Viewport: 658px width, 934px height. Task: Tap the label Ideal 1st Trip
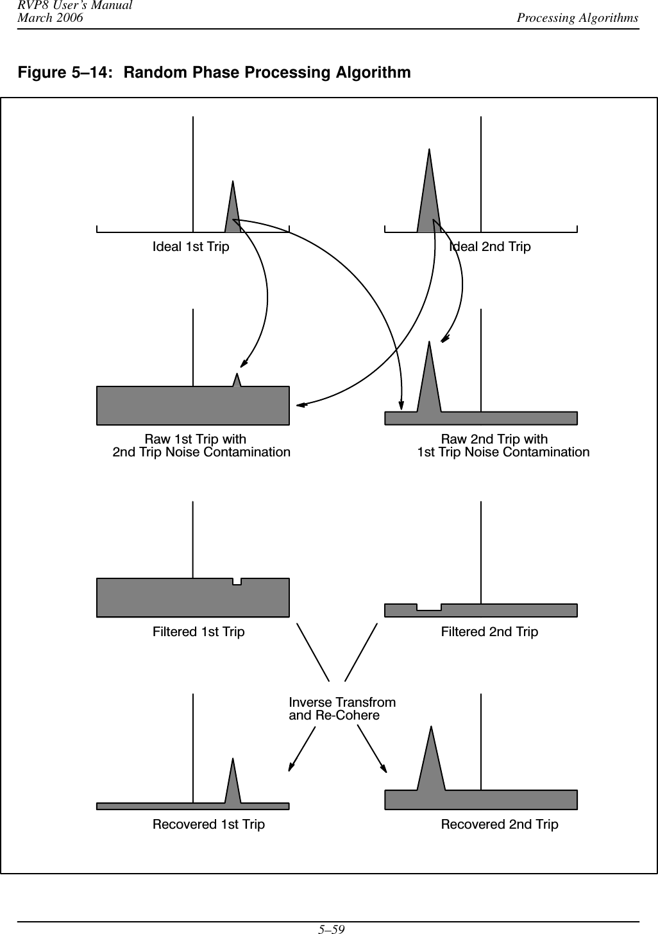click(x=190, y=246)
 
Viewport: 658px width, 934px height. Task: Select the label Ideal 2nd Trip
click(x=490, y=246)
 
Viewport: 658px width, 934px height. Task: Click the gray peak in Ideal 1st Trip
click(x=233, y=212)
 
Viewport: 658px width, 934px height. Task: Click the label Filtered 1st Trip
click(x=198, y=632)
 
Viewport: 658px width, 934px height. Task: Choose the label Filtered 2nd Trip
click(x=489, y=632)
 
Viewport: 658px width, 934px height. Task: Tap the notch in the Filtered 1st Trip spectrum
click(x=237, y=582)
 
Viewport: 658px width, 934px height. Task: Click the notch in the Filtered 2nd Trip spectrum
click(x=429, y=607)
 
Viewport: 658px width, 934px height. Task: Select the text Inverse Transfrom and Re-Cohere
click(x=342, y=709)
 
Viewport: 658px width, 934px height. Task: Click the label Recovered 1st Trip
click(x=208, y=824)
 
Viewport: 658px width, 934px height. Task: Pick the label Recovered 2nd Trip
click(x=500, y=824)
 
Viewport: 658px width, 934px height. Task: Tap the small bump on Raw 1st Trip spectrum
click(x=237, y=381)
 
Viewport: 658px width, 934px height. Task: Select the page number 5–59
click(x=328, y=928)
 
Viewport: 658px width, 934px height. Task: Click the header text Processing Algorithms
click(x=578, y=17)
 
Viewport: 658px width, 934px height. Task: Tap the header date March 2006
click(x=50, y=18)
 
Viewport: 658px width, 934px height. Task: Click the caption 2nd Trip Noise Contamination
click(x=201, y=452)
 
